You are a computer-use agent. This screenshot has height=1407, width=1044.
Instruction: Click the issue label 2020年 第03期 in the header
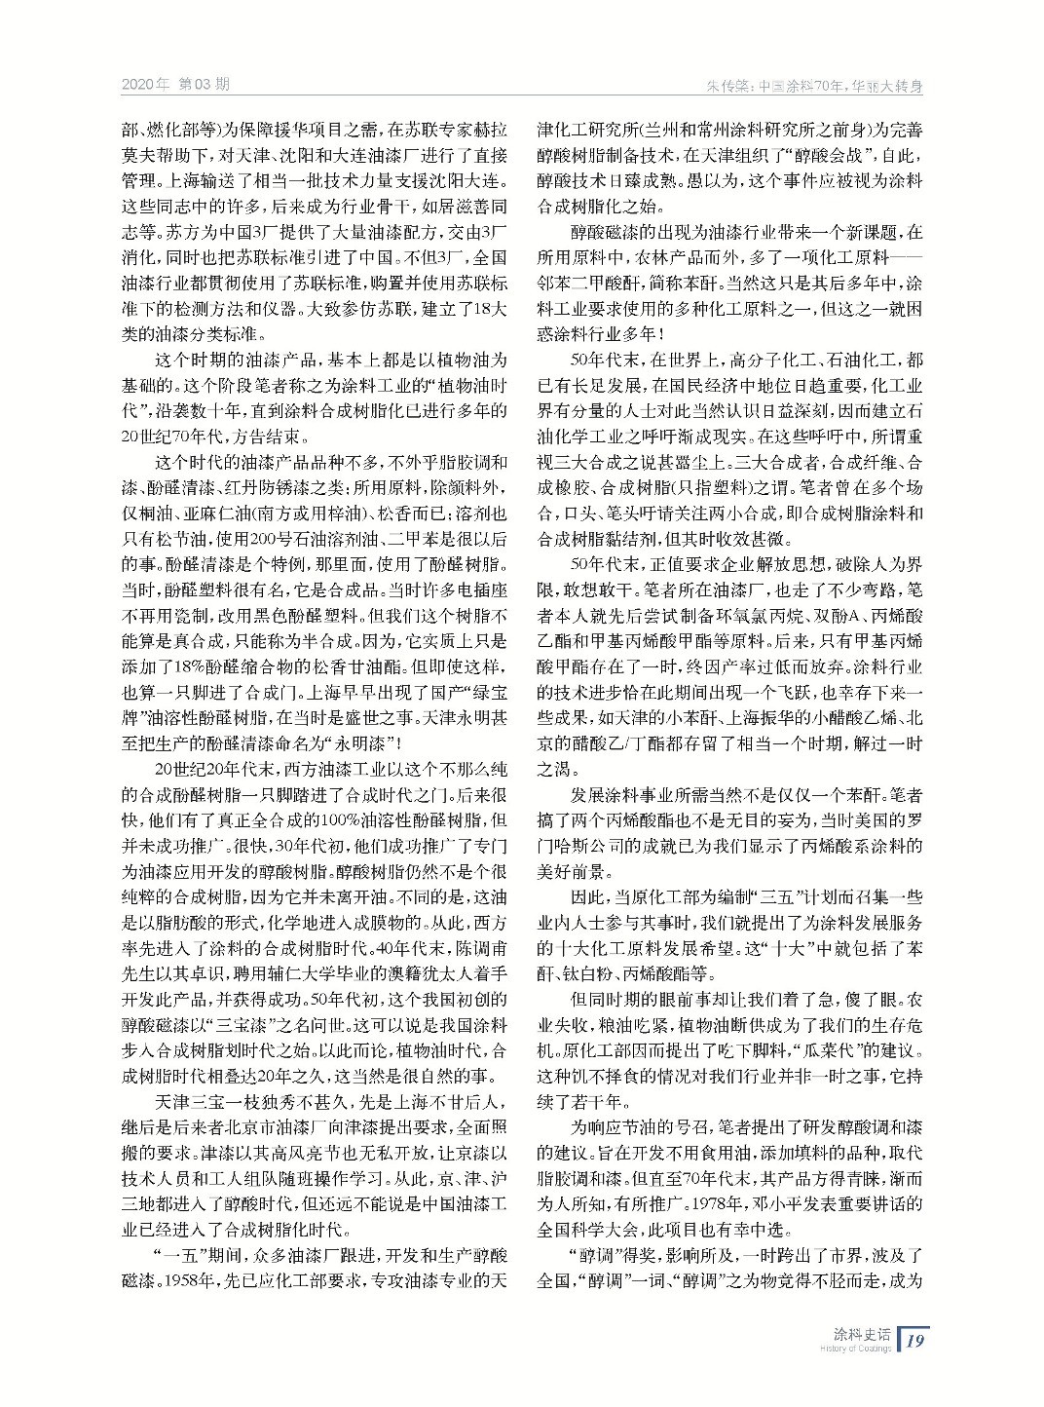(175, 85)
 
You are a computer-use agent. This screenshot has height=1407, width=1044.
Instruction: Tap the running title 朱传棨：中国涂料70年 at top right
(779, 86)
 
